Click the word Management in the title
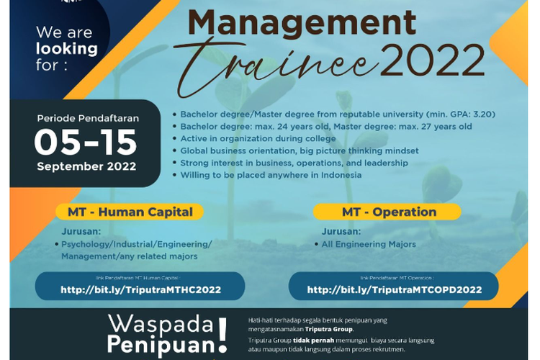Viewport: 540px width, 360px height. pos(302,24)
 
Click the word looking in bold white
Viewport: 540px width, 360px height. pos(66,49)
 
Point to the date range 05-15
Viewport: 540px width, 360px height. pos(86,142)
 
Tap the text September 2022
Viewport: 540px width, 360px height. pos(86,165)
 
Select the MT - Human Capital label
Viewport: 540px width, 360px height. pos(130,212)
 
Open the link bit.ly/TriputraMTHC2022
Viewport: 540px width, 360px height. pos(140,289)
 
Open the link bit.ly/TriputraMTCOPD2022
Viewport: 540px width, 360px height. pos(394,289)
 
